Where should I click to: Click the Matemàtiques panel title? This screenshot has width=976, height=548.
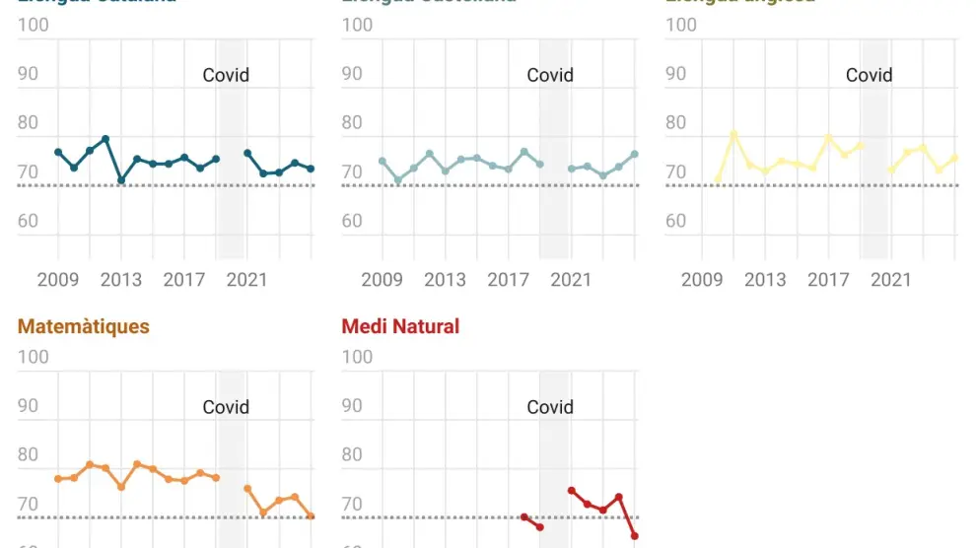point(84,326)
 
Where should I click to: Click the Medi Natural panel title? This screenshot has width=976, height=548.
point(400,326)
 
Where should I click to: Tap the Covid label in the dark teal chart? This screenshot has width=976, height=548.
point(226,75)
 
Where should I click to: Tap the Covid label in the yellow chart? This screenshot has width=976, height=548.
point(870,75)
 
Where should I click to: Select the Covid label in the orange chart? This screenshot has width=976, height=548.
point(226,407)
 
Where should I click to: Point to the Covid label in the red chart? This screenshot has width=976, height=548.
point(550,407)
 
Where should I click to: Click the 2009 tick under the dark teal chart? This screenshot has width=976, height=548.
point(58,280)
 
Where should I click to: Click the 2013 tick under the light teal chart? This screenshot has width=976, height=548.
point(445,280)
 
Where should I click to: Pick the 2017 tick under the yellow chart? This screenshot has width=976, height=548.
point(828,280)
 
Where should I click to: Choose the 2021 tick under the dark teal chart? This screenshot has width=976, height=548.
point(246,280)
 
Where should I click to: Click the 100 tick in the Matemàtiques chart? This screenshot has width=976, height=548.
point(34,357)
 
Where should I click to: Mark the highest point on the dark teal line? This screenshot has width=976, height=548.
point(105,139)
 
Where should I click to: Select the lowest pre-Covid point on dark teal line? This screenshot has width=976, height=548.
point(121,180)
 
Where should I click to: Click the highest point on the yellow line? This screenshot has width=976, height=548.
point(733,134)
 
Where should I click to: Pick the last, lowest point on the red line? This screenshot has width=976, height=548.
point(635,536)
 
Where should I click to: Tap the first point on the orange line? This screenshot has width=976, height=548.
point(58,479)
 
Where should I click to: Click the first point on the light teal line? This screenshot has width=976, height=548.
point(383,161)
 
